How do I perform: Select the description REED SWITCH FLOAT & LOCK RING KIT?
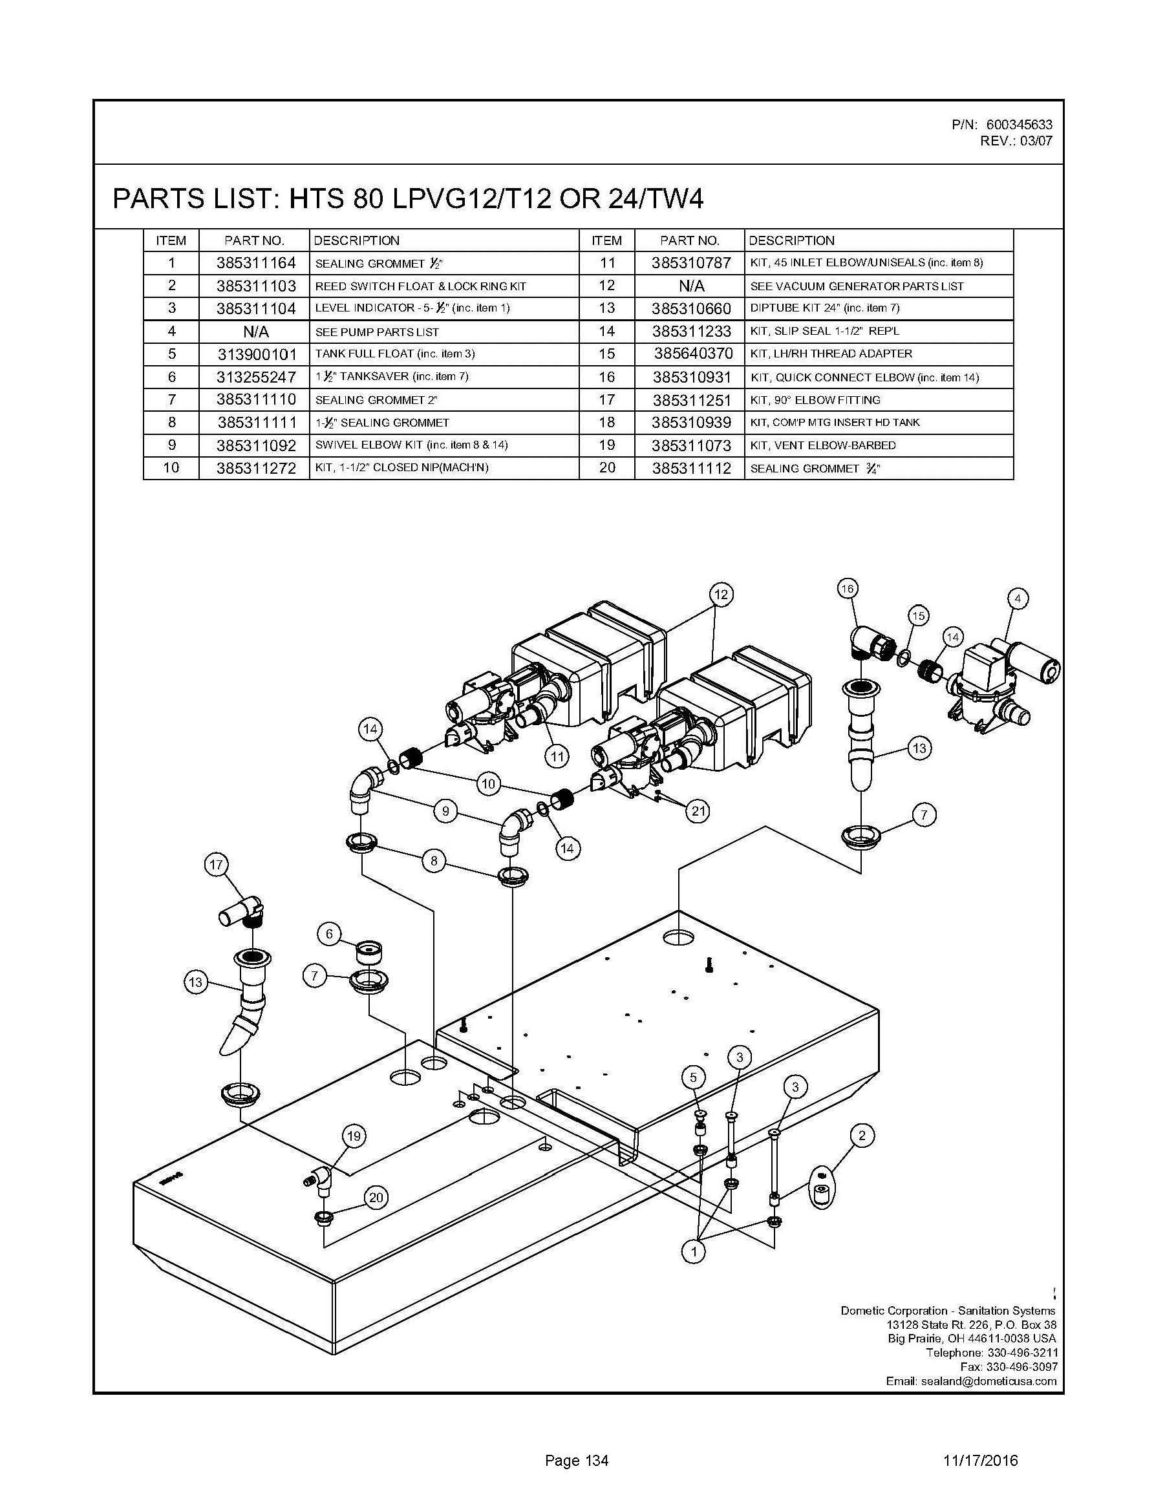[420, 286]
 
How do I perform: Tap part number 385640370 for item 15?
[693, 354]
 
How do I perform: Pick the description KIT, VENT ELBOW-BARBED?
[822, 446]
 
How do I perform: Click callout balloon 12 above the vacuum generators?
[721, 594]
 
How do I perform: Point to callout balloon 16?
[847, 589]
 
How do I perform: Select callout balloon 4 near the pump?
[1018, 599]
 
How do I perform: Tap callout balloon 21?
[698, 810]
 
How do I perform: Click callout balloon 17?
[216, 865]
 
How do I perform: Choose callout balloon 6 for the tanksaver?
[330, 934]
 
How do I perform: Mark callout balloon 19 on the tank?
[354, 1136]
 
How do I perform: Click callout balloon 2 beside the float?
[862, 1136]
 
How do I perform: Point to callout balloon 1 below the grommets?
[694, 1252]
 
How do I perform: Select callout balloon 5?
[693, 1078]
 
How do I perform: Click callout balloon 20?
[376, 1197]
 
